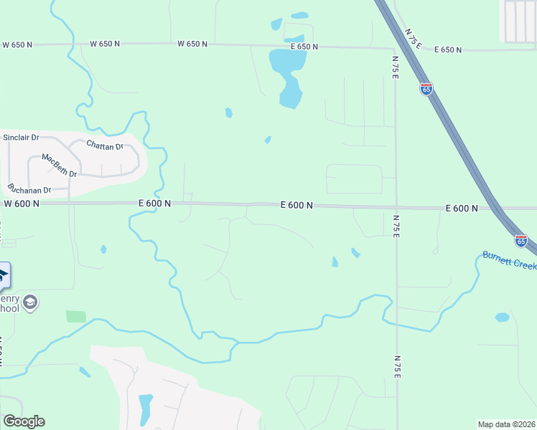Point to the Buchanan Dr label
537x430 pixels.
29,190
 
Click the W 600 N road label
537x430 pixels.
21,204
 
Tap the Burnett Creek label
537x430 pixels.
509,260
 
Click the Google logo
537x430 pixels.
24,421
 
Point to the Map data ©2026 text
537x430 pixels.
506,424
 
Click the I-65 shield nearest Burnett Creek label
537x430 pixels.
521,241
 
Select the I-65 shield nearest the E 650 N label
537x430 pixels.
426,89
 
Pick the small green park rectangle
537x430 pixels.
75,316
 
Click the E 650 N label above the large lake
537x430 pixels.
304,46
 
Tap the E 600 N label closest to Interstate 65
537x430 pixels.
462,209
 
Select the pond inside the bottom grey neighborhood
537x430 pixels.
146,408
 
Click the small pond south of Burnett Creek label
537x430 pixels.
502,317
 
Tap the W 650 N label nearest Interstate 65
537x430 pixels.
192,44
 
